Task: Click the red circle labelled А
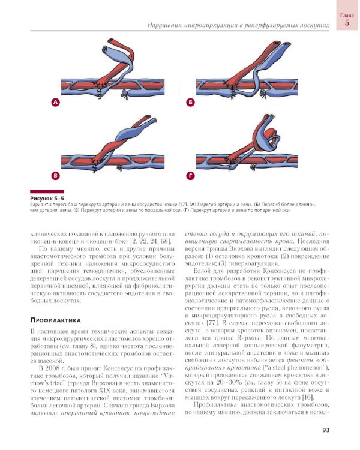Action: coord(56,103)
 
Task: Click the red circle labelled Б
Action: coord(190,103)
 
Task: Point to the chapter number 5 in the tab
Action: coord(347,23)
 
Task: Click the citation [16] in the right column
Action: coord(310,397)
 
